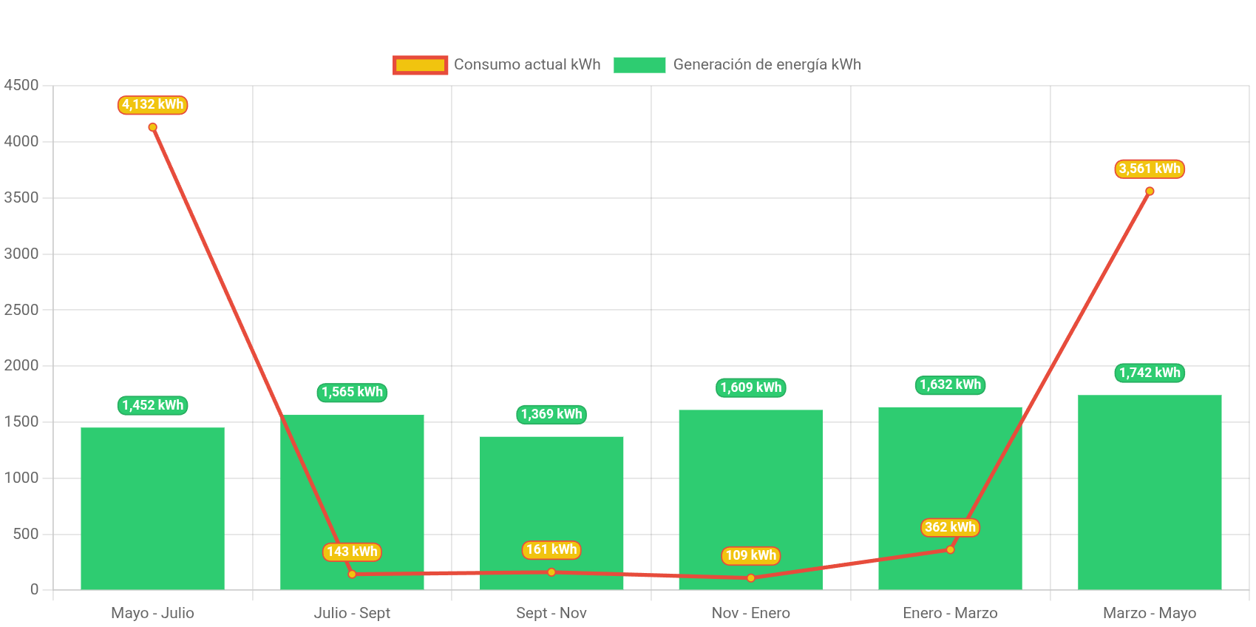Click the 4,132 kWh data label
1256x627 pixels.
point(152,105)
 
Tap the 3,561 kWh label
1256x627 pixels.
point(1149,169)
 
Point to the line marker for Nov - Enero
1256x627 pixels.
point(750,578)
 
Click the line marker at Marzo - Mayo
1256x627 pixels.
point(1150,192)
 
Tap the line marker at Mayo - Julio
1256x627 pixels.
point(152,127)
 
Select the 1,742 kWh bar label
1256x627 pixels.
point(1149,373)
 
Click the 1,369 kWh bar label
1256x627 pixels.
point(551,414)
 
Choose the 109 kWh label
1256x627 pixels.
point(750,555)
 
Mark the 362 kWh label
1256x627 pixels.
point(950,527)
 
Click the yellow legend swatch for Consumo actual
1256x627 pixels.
point(420,65)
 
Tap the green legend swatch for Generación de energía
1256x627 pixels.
point(639,65)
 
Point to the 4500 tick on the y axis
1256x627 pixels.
point(21,85)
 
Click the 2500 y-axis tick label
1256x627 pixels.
point(21,310)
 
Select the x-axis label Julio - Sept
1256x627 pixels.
point(352,613)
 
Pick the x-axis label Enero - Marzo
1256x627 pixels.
point(950,613)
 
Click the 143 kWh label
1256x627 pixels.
point(352,552)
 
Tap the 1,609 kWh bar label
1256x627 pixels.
point(750,387)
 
